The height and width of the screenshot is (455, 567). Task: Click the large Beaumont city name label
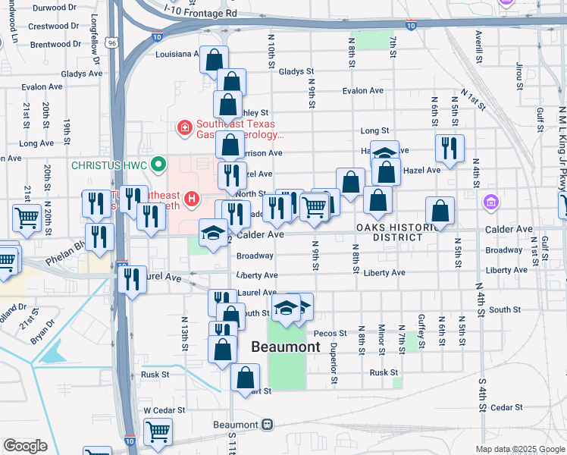pyautogui.click(x=285, y=347)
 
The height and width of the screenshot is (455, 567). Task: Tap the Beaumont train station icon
pyautogui.click(x=266, y=425)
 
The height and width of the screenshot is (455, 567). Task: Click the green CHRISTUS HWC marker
pyautogui.click(x=158, y=164)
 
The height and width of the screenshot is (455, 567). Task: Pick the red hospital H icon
pyautogui.click(x=192, y=200)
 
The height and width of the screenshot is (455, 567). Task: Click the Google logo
pyautogui.click(x=25, y=446)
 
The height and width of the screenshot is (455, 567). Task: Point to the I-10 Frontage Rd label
pyautogui.click(x=201, y=14)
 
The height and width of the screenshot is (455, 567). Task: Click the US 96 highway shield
pyautogui.click(x=111, y=44)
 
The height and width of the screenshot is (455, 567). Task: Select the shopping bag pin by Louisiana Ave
pyautogui.click(x=215, y=59)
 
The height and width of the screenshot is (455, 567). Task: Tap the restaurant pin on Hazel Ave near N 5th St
pyautogui.click(x=450, y=148)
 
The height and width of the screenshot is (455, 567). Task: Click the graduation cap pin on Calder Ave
pyautogui.click(x=213, y=233)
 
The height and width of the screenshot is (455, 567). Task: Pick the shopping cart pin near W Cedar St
pyautogui.click(x=158, y=431)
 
